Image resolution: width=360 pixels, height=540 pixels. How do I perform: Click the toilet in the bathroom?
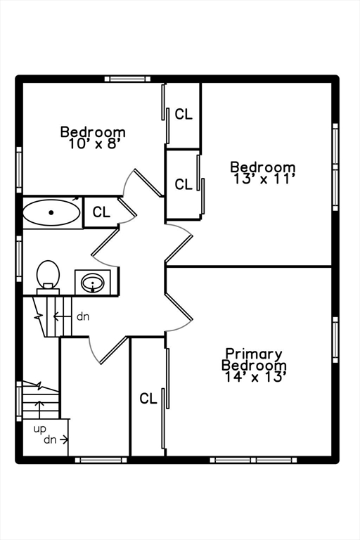click(x=48, y=276)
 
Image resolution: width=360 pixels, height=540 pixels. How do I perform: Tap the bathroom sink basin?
click(x=92, y=283)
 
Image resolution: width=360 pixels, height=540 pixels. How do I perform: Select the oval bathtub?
click(x=51, y=212)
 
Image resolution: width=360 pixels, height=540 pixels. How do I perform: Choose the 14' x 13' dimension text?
click(x=255, y=376)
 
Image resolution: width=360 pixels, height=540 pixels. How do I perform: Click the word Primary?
click(x=254, y=354)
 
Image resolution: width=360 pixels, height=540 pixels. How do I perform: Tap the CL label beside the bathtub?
click(x=101, y=212)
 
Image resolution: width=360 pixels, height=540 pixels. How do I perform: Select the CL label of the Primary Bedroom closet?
click(x=148, y=399)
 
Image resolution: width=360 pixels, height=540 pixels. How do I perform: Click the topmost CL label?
click(x=184, y=115)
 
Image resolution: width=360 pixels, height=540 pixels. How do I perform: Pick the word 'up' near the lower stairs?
click(x=39, y=430)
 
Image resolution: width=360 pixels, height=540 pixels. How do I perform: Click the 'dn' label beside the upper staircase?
click(x=83, y=316)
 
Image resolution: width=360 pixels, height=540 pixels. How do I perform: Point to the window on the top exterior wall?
click(x=128, y=79)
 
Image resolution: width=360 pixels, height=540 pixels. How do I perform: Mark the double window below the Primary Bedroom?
click(x=253, y=460)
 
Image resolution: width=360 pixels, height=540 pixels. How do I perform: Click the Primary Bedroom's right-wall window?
click(x=335, y=340)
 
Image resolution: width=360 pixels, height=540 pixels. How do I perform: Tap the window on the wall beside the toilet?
click(x=19, y=259)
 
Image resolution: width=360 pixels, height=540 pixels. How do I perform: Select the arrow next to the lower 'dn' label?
click(x=63, y=439)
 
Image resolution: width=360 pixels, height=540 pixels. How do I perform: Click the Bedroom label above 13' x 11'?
click(x=263, y=167)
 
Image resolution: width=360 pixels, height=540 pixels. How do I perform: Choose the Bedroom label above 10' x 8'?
click(x=93, y=132)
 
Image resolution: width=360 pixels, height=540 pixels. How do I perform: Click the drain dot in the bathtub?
click(x=51, y=212)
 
